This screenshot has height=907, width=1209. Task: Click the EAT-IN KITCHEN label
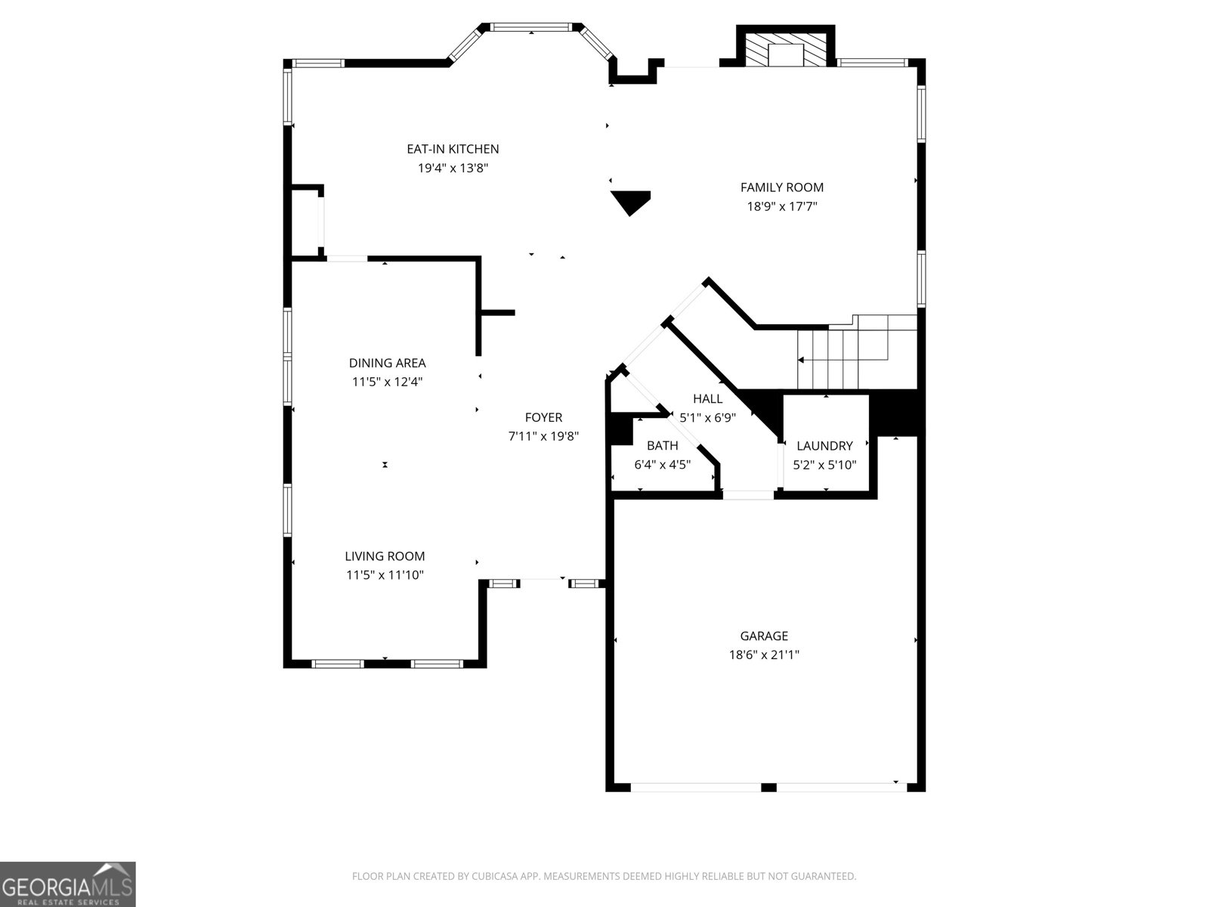(453, 149)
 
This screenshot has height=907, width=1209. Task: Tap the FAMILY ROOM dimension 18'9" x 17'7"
(782, 206)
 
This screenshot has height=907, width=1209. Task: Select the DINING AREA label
(387, 363)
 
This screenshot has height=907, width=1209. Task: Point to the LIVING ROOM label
(385, 556)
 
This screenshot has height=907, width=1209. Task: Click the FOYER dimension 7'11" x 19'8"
(543, 436)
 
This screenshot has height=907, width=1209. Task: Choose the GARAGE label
(764, 636)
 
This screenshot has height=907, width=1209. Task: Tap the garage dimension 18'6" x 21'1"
(764, 655)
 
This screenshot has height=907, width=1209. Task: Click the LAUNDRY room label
(824, 446)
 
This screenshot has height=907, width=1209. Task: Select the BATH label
(662, 446)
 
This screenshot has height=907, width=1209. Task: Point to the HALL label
(707, 398)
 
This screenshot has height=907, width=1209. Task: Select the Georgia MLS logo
(68, 884)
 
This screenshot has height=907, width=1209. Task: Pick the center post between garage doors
(768, 787)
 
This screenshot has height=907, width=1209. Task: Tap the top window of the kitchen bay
(531, 28)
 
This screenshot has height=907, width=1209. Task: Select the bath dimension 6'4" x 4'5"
(662, 465)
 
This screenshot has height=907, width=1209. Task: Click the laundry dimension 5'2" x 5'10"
(824, 465)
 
